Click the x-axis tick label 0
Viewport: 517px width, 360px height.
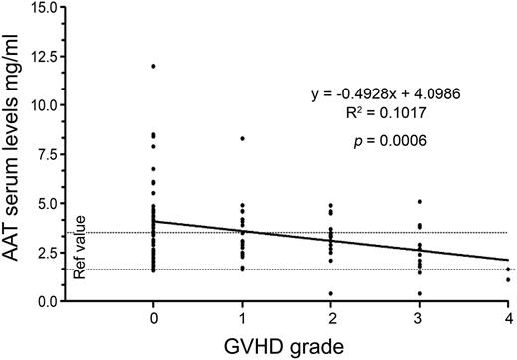152,317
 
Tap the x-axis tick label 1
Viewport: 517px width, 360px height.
242,317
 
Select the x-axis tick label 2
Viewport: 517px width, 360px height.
330,317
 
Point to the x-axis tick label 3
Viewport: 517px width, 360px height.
420,317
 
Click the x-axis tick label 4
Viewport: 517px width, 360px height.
508,317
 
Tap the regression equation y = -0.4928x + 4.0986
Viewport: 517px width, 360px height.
391,95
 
